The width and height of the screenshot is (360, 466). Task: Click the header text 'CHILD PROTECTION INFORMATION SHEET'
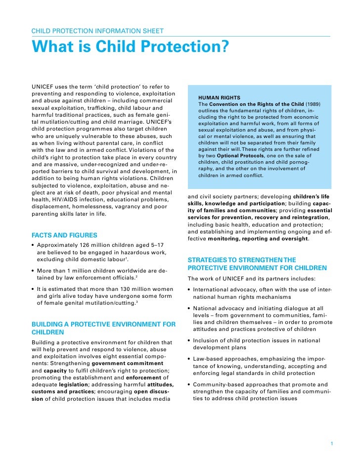coord(97,31)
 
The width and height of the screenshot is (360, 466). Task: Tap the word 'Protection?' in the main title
coord(192,47)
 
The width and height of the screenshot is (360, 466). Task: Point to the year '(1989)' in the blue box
coord(314,105)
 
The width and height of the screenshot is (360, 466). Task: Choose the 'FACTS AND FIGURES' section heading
coord(64,235)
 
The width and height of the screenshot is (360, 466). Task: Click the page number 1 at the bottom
coord(332,443)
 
